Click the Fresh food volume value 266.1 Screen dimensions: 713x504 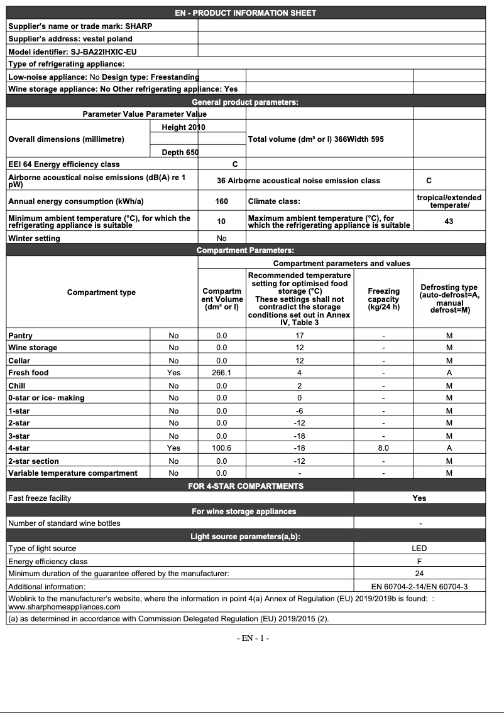pos(221,373)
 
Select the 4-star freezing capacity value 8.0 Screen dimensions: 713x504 pos(383,448)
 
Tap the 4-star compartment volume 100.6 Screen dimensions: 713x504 pos(221,448)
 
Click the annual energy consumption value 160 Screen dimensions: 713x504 pos(221,202)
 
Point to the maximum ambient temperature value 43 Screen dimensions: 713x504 pos(449,222)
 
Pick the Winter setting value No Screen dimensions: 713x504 pos(221,239)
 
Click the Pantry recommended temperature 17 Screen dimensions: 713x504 pos(300,336)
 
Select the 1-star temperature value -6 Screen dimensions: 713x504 pos(300,410)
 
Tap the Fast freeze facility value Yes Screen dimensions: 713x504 pos(419,498)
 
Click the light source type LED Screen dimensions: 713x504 pos(419,549)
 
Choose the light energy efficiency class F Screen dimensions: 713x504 pos(419,562)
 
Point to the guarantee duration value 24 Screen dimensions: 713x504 pos(419,574)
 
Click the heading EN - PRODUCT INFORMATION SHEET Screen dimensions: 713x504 pos(246,13)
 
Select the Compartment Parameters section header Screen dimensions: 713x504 pos(245,250)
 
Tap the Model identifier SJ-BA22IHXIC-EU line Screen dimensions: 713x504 pos(72,51)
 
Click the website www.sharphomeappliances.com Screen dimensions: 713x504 pos(64,607)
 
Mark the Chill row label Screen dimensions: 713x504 pos(17,385)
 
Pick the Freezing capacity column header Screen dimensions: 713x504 pos(383,299)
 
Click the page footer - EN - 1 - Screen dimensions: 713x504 pos(253,638)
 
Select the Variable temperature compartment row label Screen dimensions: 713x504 pos(72,473)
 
